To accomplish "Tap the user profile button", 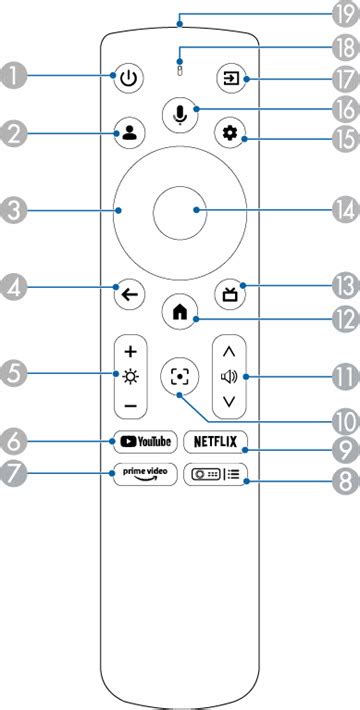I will tap(131, 133).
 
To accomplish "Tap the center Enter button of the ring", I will tap(180, 210).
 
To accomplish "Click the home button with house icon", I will tap(180, 311).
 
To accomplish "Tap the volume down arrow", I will tap(229, 402).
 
